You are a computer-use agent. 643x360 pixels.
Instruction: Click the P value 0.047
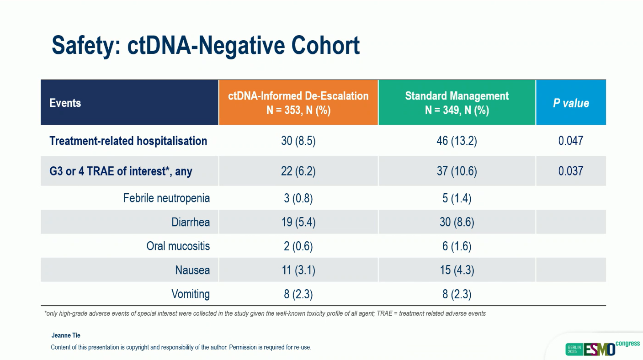tap(571, 141)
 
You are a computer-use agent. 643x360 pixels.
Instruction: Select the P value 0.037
tap(571, 171)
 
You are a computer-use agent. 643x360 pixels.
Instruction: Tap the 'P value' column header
tap(571, 103)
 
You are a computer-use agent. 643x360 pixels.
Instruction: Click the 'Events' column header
tap(65, 103)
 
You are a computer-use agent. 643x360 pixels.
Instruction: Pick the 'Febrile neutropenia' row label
tap(166, 198)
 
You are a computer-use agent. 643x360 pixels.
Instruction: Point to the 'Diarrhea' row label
tap(191, 222)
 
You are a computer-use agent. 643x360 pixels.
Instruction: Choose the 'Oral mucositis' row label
tap(178, 246)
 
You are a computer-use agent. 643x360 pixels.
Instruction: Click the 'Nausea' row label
tap(192, 270)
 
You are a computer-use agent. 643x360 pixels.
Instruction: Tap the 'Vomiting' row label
tap(191, 294)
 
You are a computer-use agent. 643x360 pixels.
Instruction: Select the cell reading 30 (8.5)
tap(298, 141)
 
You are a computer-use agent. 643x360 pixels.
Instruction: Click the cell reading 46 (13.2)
tap(457, 141)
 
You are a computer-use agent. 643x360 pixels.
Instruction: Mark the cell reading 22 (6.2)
tap(298, 171)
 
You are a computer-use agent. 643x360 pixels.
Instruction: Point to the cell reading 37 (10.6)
tap(457, 171)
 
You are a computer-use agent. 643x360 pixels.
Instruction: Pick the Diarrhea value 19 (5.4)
tap(298, 222)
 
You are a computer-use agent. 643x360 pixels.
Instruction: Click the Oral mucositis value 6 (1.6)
tap(457, 246)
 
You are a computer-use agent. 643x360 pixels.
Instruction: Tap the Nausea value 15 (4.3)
tap(457, 270)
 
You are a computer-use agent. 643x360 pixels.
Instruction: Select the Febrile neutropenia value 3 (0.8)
tap(298, 198)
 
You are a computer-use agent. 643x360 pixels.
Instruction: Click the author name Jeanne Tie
tap(66, 335)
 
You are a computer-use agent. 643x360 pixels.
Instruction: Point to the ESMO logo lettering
tap(600, 349)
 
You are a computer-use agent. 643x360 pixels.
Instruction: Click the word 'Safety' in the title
tap(84, 46)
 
